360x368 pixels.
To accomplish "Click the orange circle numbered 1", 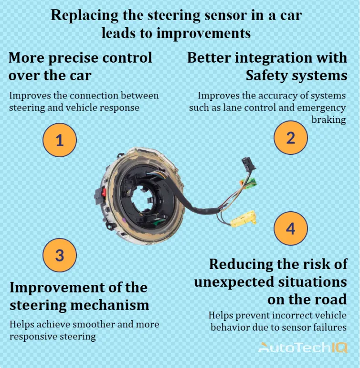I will tap(59, 140).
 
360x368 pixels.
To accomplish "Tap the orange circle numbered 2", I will tap(290, 138).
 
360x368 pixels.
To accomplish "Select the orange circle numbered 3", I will tap(59, 255).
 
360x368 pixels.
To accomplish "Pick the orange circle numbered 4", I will tap(290, 228).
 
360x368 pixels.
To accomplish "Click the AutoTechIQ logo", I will tap(303, 347).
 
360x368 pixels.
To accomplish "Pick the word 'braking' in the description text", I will tap(328, 119).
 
